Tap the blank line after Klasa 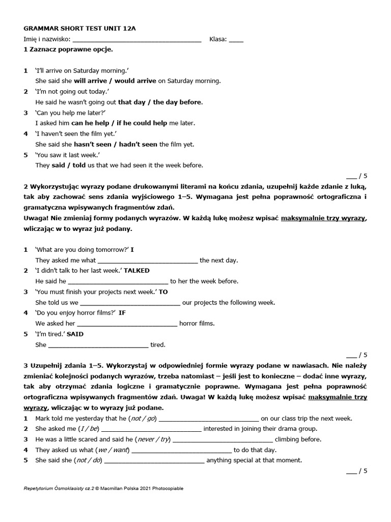[236, 40]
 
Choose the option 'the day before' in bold [177, 102]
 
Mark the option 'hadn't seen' [136, 144]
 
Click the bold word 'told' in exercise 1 [80, 165]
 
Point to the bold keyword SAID [75, 334]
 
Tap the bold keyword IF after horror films [122, 313]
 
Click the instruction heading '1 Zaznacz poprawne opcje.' [68, 49]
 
